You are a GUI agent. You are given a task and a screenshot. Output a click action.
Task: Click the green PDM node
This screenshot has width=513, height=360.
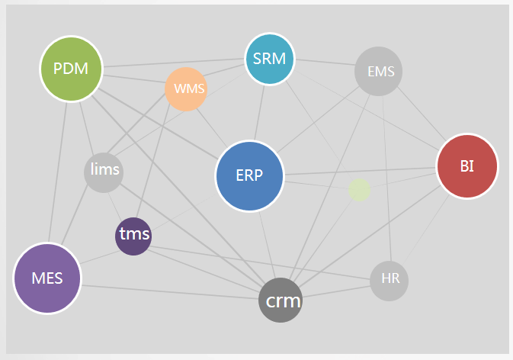[72, 69]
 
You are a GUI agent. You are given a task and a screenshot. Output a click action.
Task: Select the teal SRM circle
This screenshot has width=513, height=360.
[270, 59]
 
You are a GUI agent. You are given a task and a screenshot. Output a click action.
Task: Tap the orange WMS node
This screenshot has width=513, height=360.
[186, 89]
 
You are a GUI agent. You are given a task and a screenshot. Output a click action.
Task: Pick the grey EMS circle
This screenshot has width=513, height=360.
[378, 72]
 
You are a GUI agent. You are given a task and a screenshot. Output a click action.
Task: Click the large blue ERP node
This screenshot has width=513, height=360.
[249, 176]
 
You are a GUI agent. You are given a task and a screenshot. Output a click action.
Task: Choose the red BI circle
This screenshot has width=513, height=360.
[467, 166]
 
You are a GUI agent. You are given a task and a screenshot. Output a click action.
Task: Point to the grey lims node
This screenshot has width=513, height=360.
[104, 172]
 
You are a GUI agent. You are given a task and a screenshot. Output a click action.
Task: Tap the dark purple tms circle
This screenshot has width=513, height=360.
[133, 236]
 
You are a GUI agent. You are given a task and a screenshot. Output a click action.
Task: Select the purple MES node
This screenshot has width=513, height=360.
[47, 278]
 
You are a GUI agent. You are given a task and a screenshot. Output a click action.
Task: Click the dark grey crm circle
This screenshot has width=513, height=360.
[281, 300]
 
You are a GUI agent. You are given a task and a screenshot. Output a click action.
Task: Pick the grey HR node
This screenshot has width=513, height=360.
[389, 281]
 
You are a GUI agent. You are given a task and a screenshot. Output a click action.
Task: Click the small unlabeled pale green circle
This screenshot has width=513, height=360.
[359, 190]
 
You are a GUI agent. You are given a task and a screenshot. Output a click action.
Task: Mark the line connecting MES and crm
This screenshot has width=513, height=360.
[170, 292]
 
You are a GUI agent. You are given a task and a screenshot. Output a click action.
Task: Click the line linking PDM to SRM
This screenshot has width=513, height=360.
[174, 63]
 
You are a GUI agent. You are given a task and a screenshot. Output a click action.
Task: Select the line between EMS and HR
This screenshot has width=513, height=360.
[386, 178]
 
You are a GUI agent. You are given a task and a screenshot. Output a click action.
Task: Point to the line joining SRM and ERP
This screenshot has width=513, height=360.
[259, 113]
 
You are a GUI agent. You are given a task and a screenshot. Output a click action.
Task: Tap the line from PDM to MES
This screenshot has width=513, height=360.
[58, 172]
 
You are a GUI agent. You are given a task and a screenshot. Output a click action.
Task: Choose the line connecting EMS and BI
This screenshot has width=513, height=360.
[422, 114]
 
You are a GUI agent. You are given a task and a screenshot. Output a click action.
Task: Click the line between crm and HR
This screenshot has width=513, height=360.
[336, 291]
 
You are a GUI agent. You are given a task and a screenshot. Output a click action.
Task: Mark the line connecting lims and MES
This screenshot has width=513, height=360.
[75, 214]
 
